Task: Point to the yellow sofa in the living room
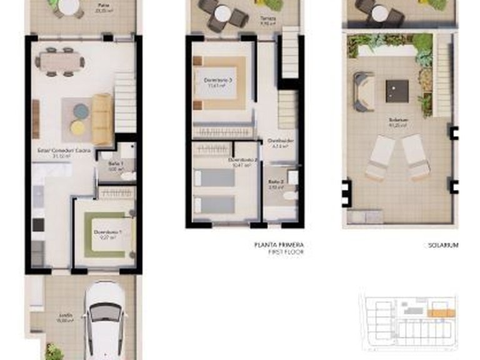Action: pyautogui.click(x=102, y=119)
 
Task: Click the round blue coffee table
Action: pyautogui.click(x=81, y=111)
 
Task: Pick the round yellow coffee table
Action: pyautogui.click(x=77, y=127)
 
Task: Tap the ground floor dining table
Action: pyautogui.click(x=61, y=60)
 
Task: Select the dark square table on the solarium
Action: pyautogui.click(x=397, y=91)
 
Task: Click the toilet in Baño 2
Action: pyautogui.click(x=289, y=195)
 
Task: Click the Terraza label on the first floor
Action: pyautogui.click(x=267, y=19)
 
